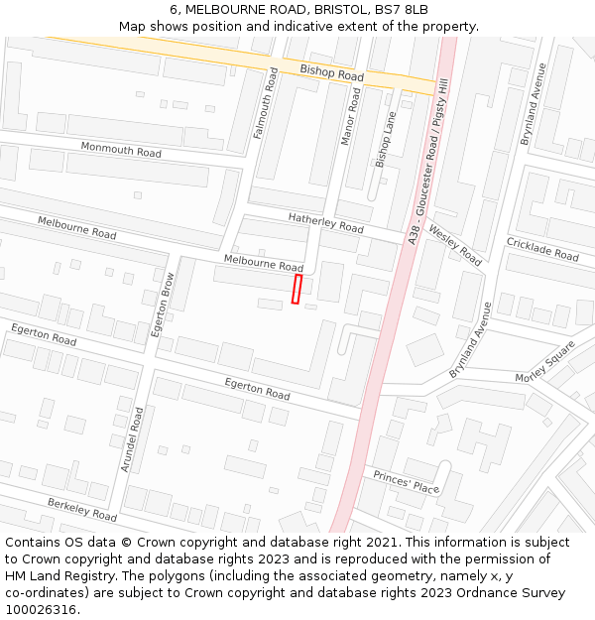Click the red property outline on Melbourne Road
point(296,289)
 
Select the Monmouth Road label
point(121,151)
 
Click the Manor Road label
point(351,117)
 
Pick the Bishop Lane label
point(385,138)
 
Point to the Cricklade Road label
point(542,249)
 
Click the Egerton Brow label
point(163,305)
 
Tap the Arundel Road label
point(132,438)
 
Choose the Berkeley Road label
point(82,510)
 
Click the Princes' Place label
point(407,482)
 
